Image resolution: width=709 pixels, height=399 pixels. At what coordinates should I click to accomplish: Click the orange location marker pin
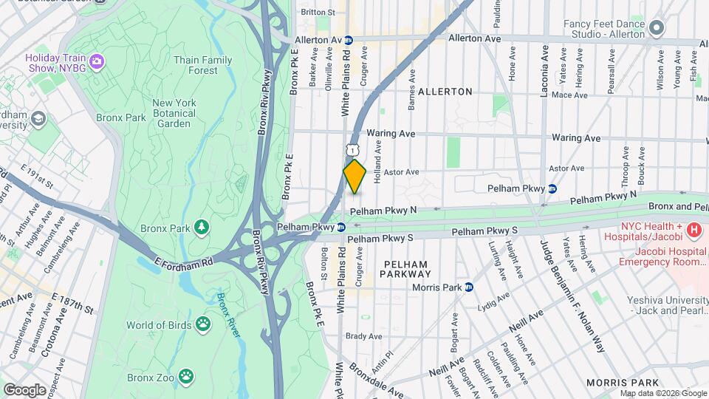354,177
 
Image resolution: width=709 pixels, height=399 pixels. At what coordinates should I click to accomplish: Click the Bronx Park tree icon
201,226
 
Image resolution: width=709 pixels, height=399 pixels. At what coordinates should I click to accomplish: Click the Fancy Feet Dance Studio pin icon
657,29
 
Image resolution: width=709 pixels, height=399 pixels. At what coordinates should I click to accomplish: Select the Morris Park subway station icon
469,287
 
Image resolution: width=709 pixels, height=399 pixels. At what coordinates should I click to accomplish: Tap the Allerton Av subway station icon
349,40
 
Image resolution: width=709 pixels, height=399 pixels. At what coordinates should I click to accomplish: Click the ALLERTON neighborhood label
445,92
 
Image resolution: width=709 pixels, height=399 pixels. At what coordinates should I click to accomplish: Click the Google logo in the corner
24,389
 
